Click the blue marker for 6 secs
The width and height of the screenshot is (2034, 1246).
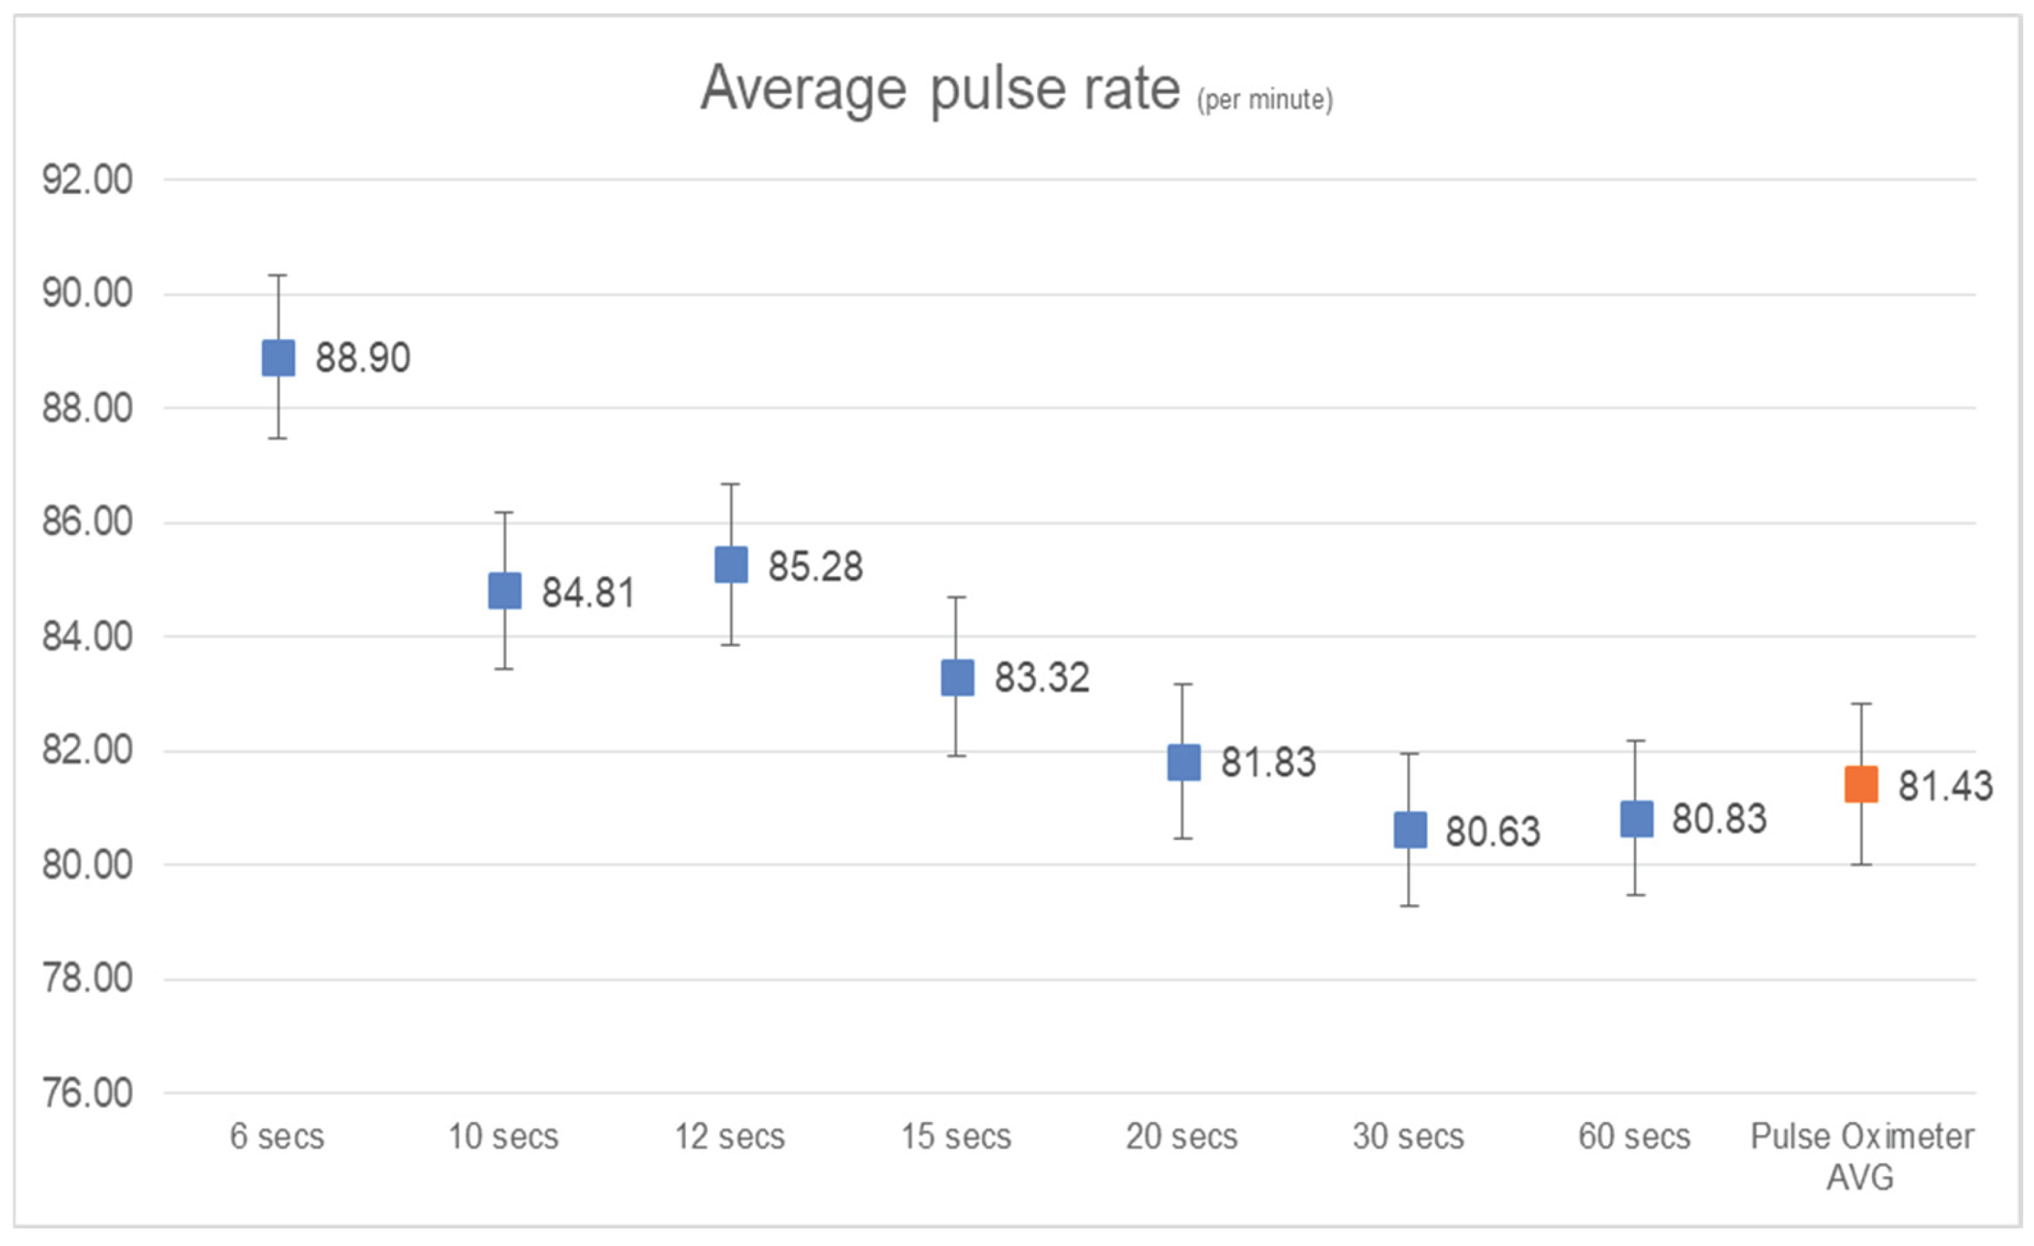coord(278,358)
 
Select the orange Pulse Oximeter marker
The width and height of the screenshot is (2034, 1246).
coord(1861,784)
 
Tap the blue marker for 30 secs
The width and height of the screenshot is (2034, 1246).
coord(1410,830)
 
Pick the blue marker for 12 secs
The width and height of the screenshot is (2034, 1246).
coord(732,565)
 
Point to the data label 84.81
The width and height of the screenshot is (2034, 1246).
coord(589,593)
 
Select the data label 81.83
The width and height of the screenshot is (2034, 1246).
coord(1268,762)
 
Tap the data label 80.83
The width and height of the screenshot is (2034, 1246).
coord(1720,819)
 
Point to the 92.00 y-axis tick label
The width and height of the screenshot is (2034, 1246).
coord(88,180)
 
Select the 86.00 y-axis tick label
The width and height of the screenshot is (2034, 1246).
coord(88,522)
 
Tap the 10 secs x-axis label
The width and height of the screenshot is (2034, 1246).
coord(504,1137)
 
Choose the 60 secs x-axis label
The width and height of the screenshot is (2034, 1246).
coord(1635,1137)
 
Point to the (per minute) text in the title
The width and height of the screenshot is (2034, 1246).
coord(1264,100)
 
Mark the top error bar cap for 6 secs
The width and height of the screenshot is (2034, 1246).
coord(278,275)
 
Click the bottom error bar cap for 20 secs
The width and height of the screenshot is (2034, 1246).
coord(1184,839)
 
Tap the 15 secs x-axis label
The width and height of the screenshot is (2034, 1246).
coord(956,1137)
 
